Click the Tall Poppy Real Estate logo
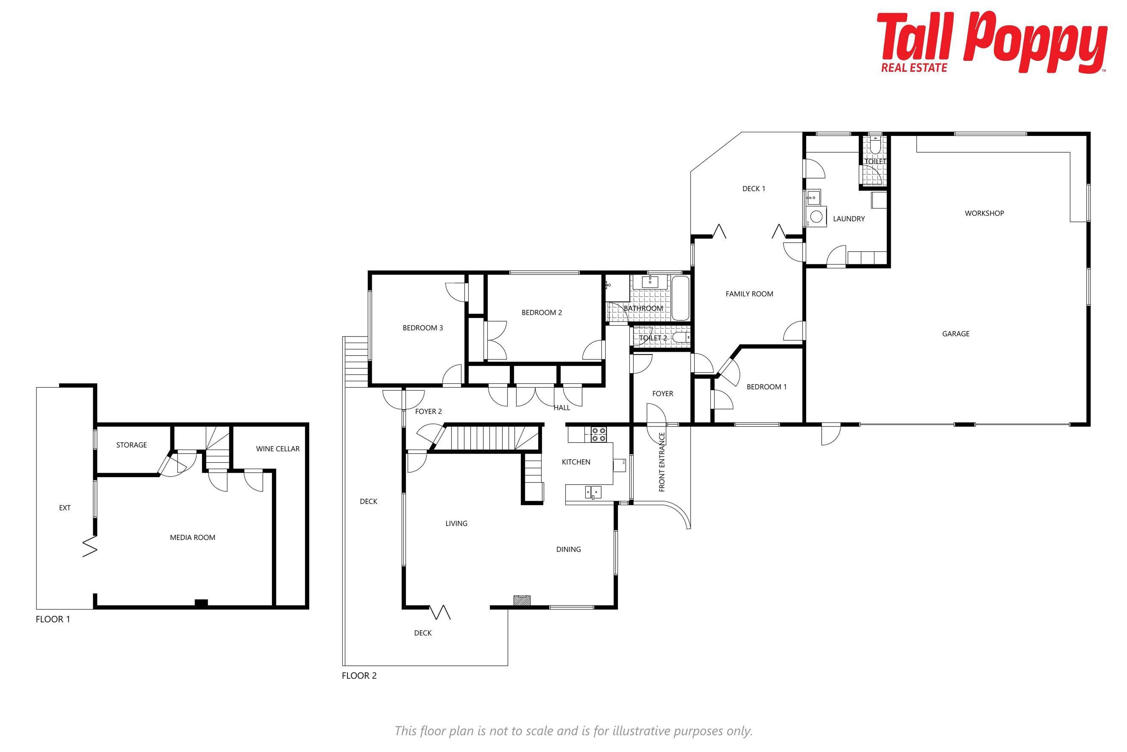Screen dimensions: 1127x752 point(992,42)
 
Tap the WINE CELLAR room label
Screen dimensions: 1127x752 point(278,449)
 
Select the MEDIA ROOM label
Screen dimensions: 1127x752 point(193,538)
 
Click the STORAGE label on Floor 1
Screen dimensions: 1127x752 point(131,445)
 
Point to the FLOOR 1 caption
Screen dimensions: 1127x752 point(53,619)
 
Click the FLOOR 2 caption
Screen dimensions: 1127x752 point(359,676)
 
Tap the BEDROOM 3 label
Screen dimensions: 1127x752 point(423,328)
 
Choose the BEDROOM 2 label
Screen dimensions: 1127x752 point(541,313)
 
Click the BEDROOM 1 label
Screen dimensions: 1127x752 point(767,387)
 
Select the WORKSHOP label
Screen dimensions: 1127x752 point(984,214)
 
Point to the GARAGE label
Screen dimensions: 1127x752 point(956,334)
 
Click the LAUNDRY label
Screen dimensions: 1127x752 point(848,219)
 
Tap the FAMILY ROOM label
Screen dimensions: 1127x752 point(749,294)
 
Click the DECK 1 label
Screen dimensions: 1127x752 point(753,189)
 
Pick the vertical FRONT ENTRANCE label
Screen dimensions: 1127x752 point(662,462)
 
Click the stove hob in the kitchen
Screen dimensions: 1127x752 point(598,434)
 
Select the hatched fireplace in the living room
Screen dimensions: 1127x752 point(522,600)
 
